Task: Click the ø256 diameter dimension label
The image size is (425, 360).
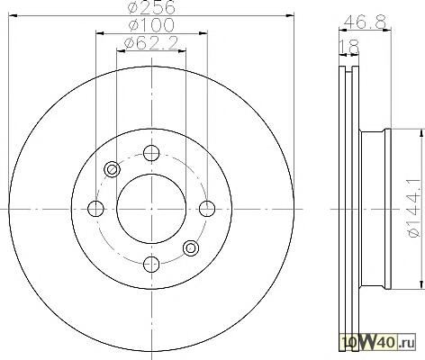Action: tap(151, 7)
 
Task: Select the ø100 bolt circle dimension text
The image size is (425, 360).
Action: tap(151, 24)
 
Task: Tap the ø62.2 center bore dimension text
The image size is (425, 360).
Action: tap(151, 43)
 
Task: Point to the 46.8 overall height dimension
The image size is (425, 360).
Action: tap(365, 22)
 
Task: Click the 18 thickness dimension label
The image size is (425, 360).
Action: tap(349, 47)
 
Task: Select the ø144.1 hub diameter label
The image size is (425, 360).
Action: tap(417, 208)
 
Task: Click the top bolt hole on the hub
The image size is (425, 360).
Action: tap(151, 153)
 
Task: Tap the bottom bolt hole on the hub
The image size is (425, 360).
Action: tap(151, 264)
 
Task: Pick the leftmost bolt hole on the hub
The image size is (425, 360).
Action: tap(95, 209)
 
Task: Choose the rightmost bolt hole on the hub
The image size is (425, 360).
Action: tap(207, 209)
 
